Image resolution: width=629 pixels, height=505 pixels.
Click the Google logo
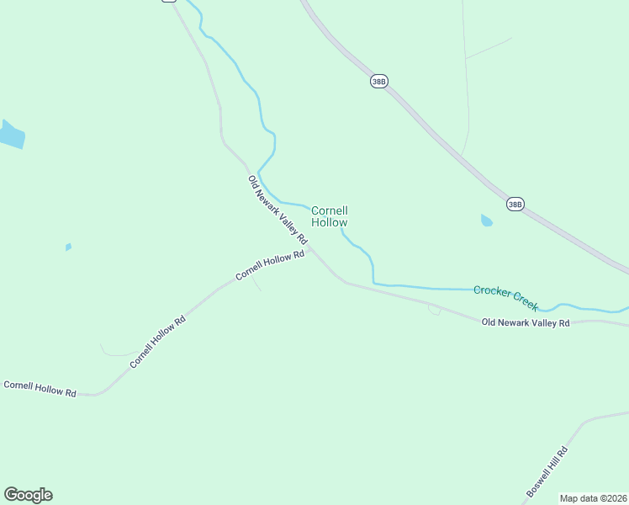click(x=28, y=495)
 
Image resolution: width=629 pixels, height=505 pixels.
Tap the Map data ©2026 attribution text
click(x=593, y=498)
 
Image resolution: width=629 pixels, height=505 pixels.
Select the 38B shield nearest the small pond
click(x=515, y=204)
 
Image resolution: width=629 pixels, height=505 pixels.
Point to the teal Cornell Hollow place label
click(x=330, y=216)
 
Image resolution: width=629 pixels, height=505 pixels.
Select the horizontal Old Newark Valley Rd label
click(x=526, y=322)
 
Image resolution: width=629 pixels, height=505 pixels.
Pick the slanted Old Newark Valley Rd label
click(x=278, y=210)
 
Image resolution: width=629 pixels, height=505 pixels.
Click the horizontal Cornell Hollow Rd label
click(x=40, y=389)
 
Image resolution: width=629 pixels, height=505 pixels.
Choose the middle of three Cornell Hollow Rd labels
click(x=157, y=342)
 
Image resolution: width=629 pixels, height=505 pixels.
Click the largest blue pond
click(x=11, y=134)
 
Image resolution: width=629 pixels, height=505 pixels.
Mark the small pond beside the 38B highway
click(x=486, y=221)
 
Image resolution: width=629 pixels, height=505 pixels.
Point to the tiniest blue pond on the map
click(x=68, y=247)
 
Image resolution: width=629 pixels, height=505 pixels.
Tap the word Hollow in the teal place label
click(x=330, y=223)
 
